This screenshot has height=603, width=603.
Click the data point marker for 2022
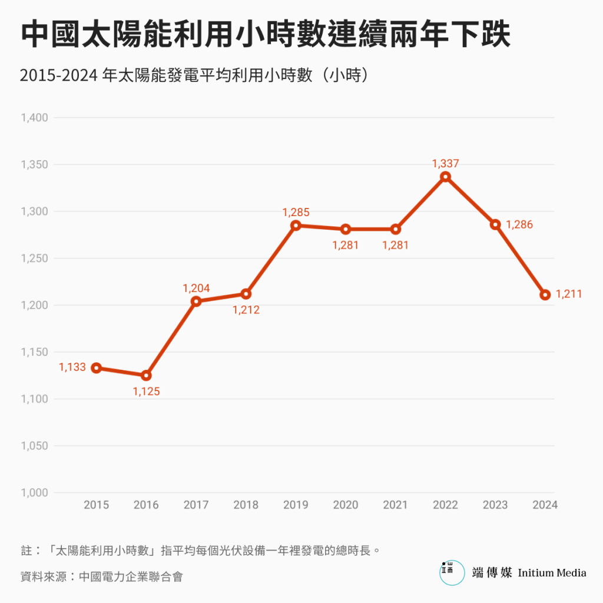(445, 177)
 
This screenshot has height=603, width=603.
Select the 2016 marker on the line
(146, 375)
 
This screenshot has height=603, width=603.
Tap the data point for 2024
(545, 294)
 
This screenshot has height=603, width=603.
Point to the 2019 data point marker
(296, 226)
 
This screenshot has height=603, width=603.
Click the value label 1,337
(445, 164)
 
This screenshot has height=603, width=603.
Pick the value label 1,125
(146, 391)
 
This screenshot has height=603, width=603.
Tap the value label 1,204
(196, 288)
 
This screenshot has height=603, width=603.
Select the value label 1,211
(569, 294)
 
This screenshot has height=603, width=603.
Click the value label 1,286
(519, 224)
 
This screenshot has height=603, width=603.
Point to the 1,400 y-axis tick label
(34, 118)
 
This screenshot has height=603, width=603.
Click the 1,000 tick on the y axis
(34, 493)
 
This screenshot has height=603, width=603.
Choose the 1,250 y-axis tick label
(34, 259)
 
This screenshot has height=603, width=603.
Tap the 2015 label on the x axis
(96, 505)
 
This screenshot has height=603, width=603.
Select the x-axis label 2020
(346, 505)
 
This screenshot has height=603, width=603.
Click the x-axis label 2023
(495, 505)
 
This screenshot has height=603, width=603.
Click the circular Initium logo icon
(452, 572)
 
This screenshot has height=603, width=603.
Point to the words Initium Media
(552, 572)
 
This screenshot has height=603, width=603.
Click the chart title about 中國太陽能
(266, 35)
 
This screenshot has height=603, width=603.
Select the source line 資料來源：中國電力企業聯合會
(101, 577)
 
